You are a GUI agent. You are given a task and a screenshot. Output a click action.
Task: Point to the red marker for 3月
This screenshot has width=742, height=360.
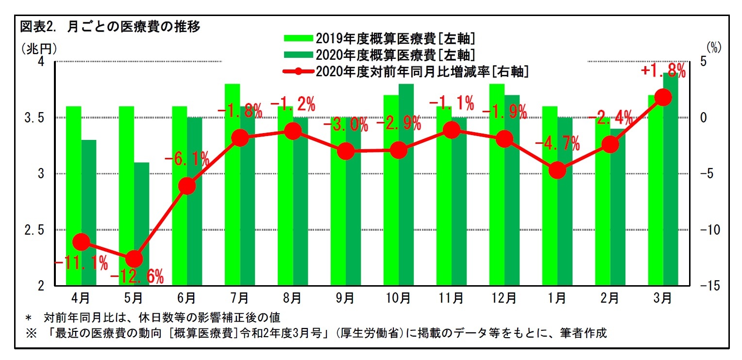coord(663,98)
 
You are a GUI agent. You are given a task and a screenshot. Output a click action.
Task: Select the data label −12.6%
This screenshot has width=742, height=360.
coord(137,277)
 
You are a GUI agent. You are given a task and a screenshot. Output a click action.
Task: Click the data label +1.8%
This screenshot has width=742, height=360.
coord(663,71)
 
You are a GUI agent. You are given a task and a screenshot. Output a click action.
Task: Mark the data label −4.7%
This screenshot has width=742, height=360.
coord(557,143)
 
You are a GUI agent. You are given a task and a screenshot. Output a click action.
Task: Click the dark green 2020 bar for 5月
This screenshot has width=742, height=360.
coord(141,223)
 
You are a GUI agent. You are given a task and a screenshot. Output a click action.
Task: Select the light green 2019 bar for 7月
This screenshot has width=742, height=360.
coord(232,185)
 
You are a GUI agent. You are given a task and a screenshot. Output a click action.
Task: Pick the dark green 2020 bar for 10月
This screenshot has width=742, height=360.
coord(406,185)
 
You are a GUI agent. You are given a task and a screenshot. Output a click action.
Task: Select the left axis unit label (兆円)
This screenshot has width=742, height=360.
coord(39,48)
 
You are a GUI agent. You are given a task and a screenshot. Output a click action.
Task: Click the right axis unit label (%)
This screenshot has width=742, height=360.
coord(713,47)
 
